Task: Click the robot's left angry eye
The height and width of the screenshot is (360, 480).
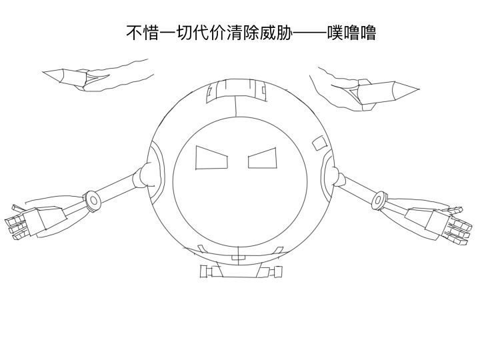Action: pos(211,158)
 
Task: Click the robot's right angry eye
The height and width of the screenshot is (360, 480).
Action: pos(263,158)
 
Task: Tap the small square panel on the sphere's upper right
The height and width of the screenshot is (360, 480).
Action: pos(319,143)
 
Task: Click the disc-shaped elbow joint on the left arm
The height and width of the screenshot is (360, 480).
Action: pos(93,201)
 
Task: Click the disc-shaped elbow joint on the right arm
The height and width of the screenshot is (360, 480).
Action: pos(379,200)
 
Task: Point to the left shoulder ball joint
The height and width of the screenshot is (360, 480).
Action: pos(146,175)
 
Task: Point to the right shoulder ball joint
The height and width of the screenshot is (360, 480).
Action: pos(337,177)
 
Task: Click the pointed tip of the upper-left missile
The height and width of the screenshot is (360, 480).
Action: pos(43,72)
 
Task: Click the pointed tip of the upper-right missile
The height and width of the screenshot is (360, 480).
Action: pos(418,89)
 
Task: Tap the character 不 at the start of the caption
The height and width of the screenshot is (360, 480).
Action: pos(135,33)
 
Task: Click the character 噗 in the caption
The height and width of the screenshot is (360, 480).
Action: pos(335,33)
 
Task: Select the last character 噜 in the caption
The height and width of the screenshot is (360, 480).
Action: pos(368,33)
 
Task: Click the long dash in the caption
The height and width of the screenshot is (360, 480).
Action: pos(309,33)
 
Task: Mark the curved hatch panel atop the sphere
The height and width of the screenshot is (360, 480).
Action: pos(236,91)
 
